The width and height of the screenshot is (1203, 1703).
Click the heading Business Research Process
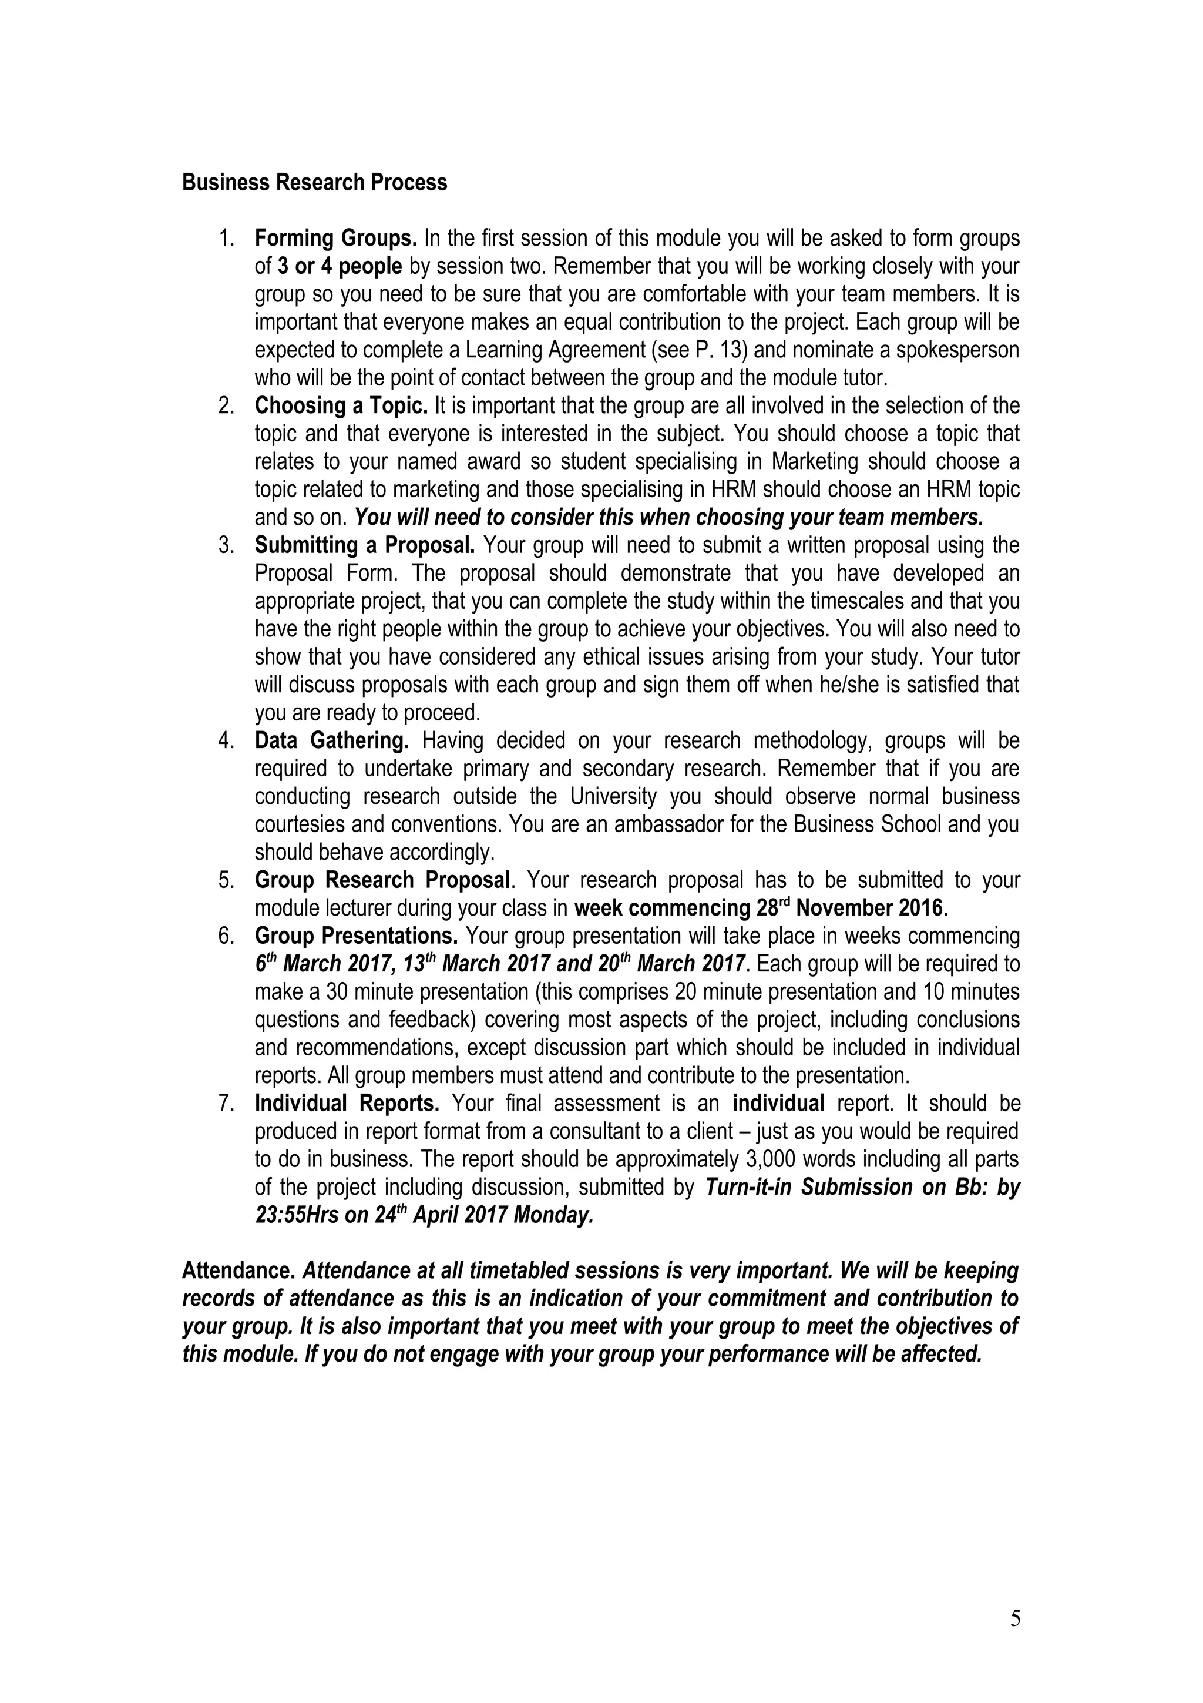314,182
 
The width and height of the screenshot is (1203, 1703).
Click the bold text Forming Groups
336,239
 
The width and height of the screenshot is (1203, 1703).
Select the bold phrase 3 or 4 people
340,266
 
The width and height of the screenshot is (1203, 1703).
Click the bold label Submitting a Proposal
365,545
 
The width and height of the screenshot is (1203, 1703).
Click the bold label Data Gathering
331,740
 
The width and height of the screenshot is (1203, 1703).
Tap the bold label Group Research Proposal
382,880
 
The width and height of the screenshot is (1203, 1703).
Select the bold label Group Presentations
356,936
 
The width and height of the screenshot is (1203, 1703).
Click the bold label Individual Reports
347,1104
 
